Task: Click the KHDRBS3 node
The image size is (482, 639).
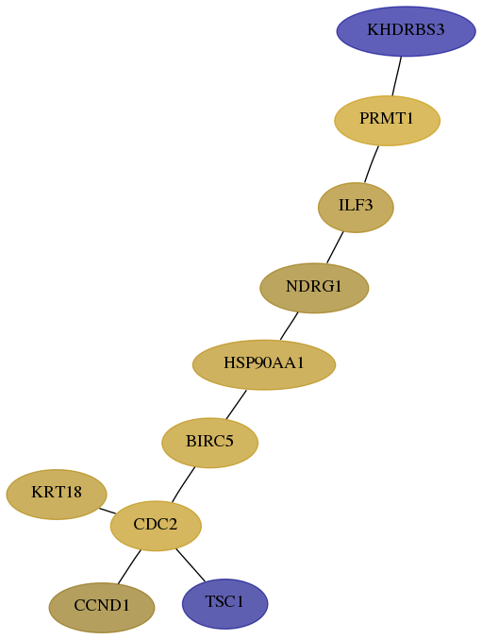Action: tap(406, 31)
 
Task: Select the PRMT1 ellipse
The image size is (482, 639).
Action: tap(387, 120)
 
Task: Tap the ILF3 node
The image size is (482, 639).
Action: tap(356, 208)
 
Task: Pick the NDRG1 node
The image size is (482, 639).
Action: tap(314, 288)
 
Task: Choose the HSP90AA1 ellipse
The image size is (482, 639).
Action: tap(264, 364)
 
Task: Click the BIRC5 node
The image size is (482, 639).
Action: tap(209, 443)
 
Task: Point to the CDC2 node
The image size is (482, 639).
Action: tap(156, 526)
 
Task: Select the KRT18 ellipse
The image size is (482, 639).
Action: tap(57, 494)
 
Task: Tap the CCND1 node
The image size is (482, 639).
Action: tap(102, 607)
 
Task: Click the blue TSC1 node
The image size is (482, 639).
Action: tap(224, 603)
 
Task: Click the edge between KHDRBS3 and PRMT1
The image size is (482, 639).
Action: tap(397, 76)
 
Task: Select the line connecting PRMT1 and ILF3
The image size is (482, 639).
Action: tap(372, 164)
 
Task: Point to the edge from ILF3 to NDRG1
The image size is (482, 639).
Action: tap(335, 247)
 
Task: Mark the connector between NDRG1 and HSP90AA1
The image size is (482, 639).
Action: tap(289, 326)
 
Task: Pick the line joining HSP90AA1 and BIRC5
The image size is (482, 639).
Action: tap(236, 404)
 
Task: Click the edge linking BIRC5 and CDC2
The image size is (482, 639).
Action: tap(183, 484)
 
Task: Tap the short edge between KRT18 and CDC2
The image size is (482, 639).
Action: tap(108, 511)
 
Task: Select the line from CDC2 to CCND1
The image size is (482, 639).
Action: tap(129, 567)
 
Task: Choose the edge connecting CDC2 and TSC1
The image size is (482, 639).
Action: tap(191, 565)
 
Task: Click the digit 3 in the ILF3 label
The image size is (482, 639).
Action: tap(368, 205)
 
